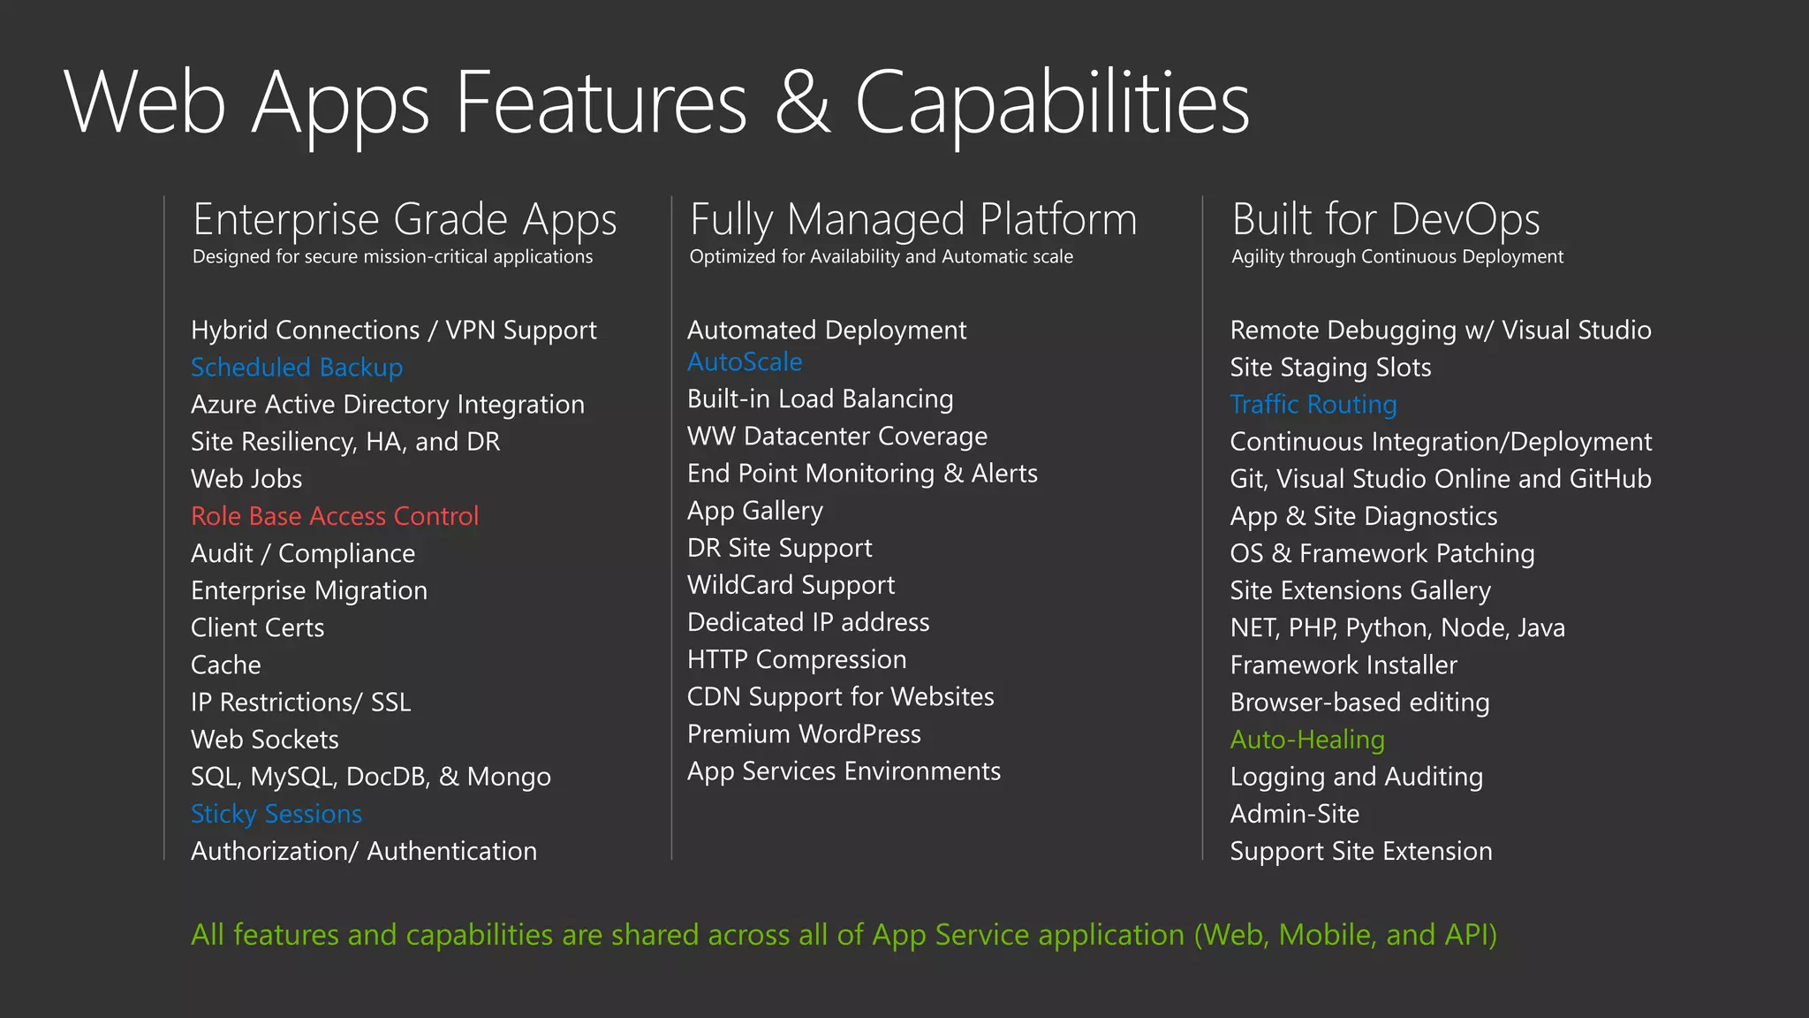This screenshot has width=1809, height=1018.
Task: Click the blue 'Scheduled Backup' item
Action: pyautogui.click(x=297, y=367)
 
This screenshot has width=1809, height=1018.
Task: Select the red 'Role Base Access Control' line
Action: pyautogui.click(x=335, y=516)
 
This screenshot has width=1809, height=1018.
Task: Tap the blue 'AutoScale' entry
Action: pyautogui.click(x=745, y=362)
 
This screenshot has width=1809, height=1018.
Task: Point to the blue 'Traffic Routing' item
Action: pyautogui.click(x=1313, y=405)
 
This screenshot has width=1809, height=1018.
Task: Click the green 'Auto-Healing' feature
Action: pyautogui.click(x=1307, y=740)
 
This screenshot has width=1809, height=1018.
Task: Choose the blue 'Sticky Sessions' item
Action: pyautogui.click(x=276, y=814)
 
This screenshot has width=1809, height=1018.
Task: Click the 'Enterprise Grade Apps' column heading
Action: pyautogui.click(x=405, y=219)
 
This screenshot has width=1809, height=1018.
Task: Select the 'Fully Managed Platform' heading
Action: pyautogui.click(x=913, y=219)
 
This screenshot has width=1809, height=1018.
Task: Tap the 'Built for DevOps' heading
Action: pyautogui.click(x=1386, y=219)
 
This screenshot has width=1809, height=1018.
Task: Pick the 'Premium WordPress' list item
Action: pyautogui.click(x=804, y=734)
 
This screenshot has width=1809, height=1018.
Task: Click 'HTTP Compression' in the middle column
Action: pyautogui.click(x=797, y=660)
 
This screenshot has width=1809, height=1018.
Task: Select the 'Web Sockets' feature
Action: pyautogui.click(x=265, y=740)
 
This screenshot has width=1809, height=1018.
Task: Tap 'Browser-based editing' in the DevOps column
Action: pyautogui.click(x=1359, y=703)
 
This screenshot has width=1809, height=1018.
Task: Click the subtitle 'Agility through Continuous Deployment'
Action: pyautogui.click(x=1397, y=257)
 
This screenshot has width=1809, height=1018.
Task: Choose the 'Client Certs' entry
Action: pyautogui.click(x=258, y=628)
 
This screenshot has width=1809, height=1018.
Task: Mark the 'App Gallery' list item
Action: pyautogui.click(x=755, y=511)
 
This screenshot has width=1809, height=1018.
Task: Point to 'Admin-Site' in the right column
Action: pyautogui.click(x=1295, y=814)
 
